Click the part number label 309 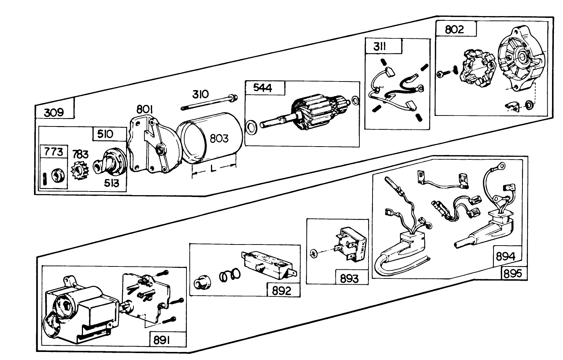(54, 112)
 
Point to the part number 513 (111, 183)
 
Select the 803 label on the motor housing (219, 139)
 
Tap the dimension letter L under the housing (213, 169)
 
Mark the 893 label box (349, 278)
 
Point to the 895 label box (514, 273)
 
